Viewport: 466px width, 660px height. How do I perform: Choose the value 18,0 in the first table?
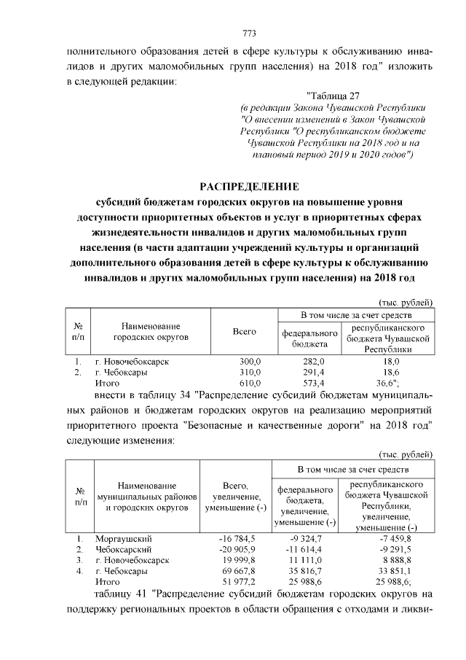point(392,362)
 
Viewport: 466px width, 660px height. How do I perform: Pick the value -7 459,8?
point(391,538)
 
